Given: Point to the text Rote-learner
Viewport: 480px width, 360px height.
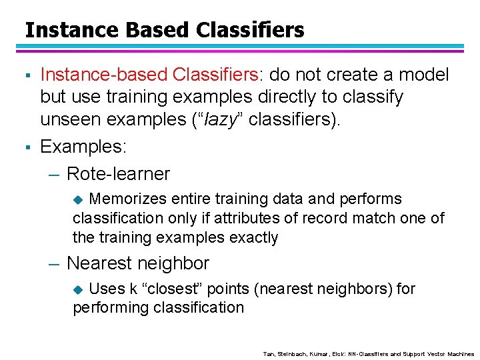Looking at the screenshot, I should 118,174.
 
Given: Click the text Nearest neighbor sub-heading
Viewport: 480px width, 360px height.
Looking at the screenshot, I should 137,263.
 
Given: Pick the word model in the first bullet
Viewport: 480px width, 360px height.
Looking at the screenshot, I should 422,75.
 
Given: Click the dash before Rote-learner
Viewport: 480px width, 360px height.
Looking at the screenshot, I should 54,175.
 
